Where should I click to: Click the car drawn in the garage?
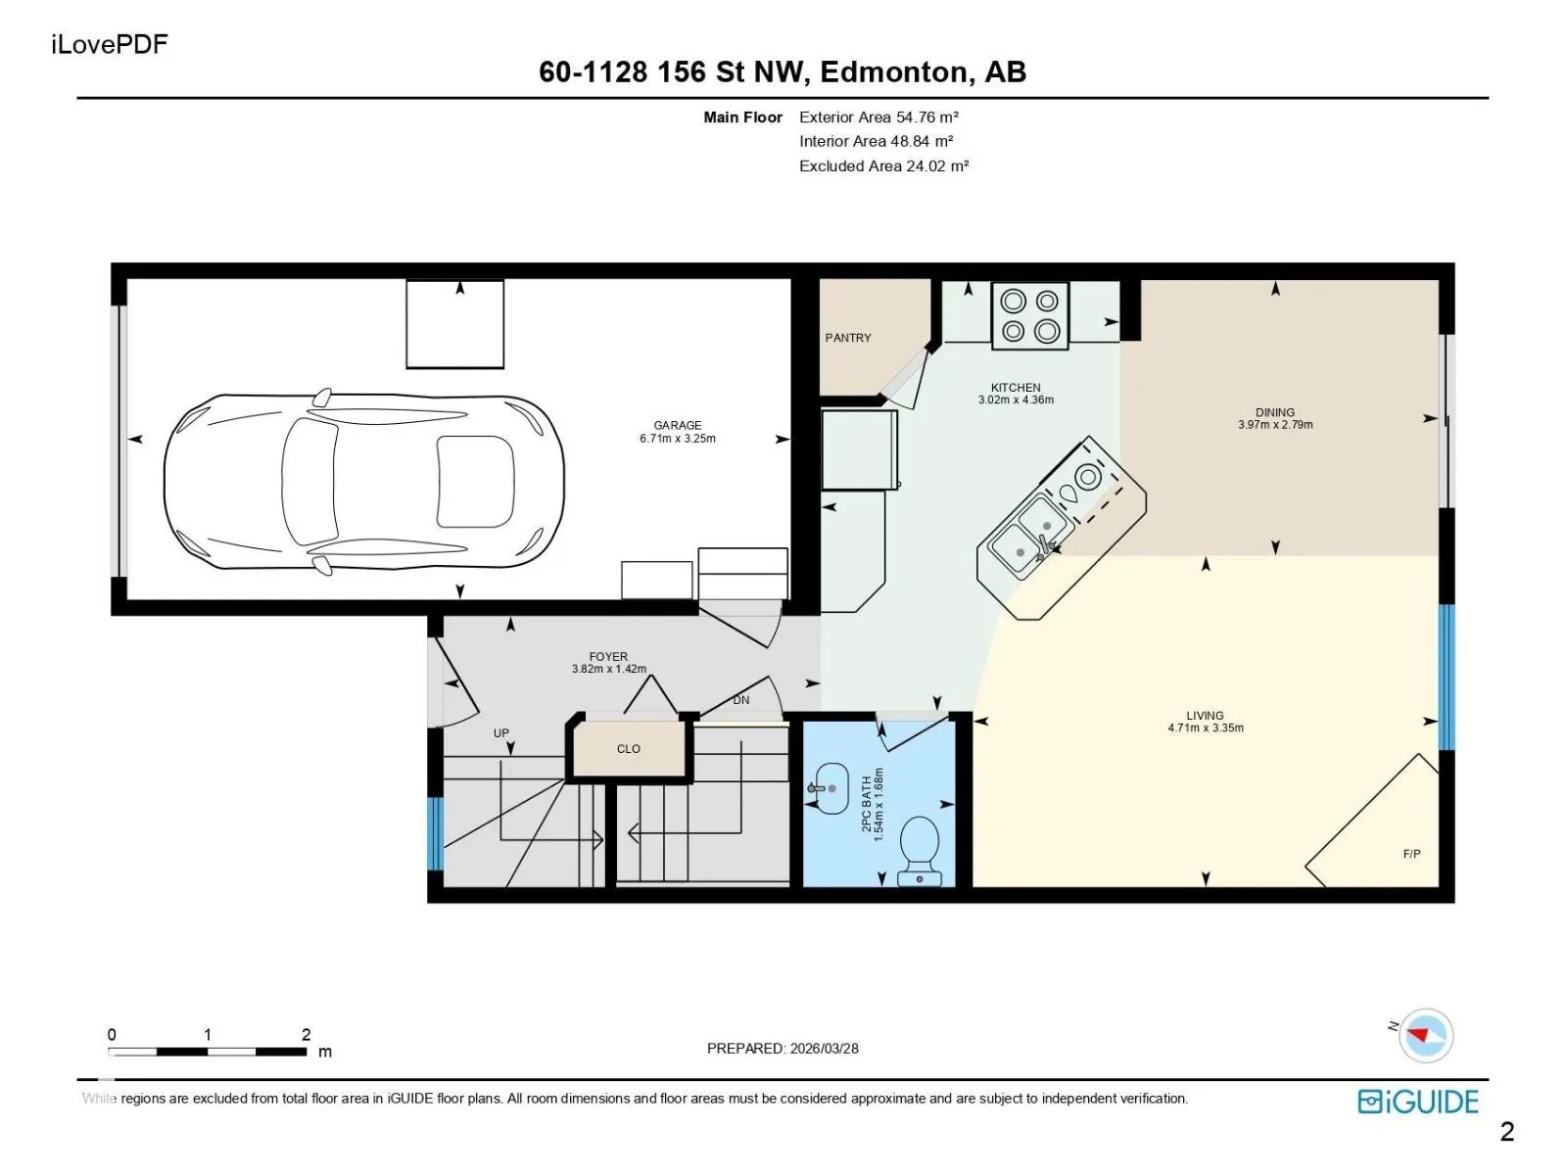(363, 483)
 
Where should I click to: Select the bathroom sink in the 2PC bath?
(829, 788)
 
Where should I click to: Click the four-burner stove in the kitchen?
(1029, 315)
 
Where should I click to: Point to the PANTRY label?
(848, 338)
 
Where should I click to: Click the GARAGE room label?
(678, 425)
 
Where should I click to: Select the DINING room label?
(1275, 412)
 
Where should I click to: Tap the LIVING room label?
(1205, 716)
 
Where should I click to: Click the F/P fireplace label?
(1411, 854)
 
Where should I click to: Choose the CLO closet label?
(628, 748)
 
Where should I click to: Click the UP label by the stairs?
(501, 733)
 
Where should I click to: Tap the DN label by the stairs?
(741, 700)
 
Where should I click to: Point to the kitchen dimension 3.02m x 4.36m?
(1016, 400)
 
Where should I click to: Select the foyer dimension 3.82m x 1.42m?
(609, 669)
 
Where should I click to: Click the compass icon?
(1425, 1035)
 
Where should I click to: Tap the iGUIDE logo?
(1418, 1103)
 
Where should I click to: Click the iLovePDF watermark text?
(110, 44)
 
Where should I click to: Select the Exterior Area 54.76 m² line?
(878, 117)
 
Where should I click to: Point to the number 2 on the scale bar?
(307, 1034)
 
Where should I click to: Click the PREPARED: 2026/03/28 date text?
(783, 1048)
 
